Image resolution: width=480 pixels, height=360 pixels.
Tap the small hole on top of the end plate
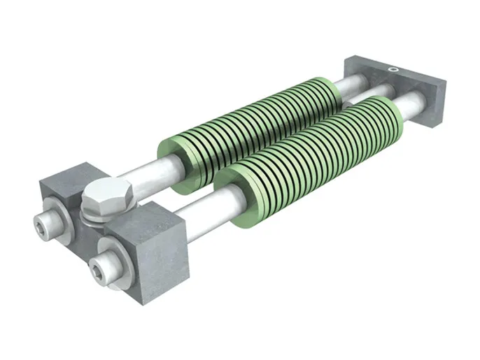pyautogui.click(x=394, y=69)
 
